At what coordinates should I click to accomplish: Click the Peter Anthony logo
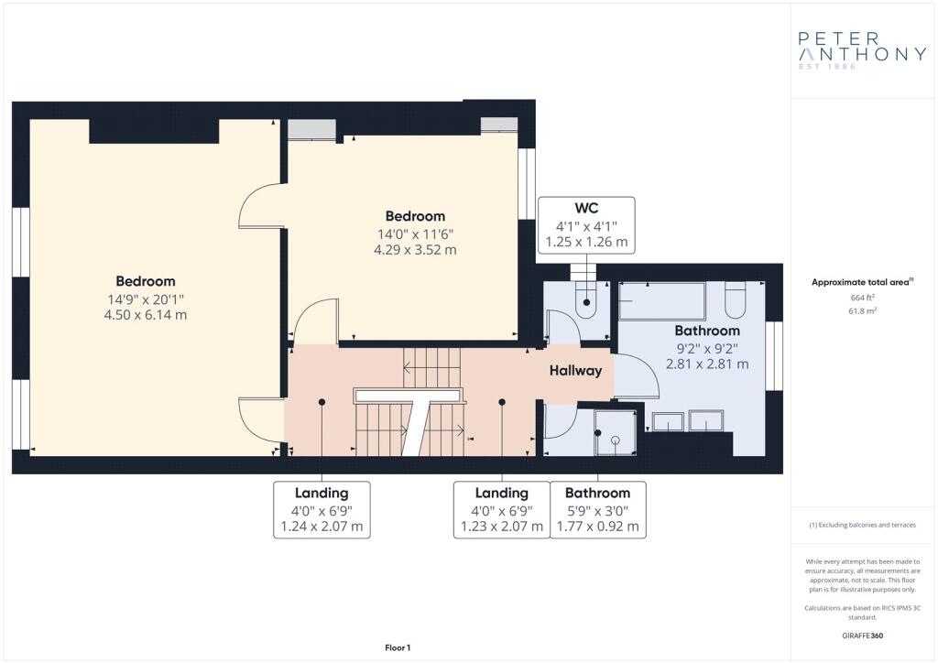pyautogui.click(x=861, y=50)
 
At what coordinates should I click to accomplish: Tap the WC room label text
pyautogui.click(x=586, y=208)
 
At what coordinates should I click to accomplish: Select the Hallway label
pyautogui.click(x=575, y=371)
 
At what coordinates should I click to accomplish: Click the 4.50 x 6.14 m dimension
pyautogui.click(x=146, y=315)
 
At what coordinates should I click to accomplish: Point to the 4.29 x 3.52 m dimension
pyautogui.click(x=415, y=250)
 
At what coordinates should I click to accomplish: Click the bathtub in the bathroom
pyautogui.click(x=661, y=301)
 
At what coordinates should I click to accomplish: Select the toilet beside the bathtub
pyautogui.click(x=736, y=299)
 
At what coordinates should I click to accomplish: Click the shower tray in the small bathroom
pyautogui.click(x=615, y=433)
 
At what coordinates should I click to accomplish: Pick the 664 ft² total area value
pyautogui.click(x=862, y=297)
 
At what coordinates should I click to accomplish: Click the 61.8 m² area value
pyautogui.click(x=862, y=310)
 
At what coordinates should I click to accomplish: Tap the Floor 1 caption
pyautogui.click(x=398, y=647)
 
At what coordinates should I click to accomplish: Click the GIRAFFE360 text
pyautogui.click(x=862, y=636)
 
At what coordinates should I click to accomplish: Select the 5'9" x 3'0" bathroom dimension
pyautogui.click(x=597, y=511)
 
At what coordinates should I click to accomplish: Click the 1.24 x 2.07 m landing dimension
pyautogui.click(x=322, y=527)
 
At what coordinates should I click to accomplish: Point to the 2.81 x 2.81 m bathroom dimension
pyautogui.click(x=707, y=364)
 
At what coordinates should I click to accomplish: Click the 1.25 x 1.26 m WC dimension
pyautogui.click(x=586, y=242)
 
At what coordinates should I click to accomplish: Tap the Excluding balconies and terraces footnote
pyautogui.click(x=862, y=525)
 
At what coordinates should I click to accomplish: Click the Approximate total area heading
pyautogui.click(x=862, y=282)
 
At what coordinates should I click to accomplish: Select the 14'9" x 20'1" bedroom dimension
pyautogui.click(x=146, y=299)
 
